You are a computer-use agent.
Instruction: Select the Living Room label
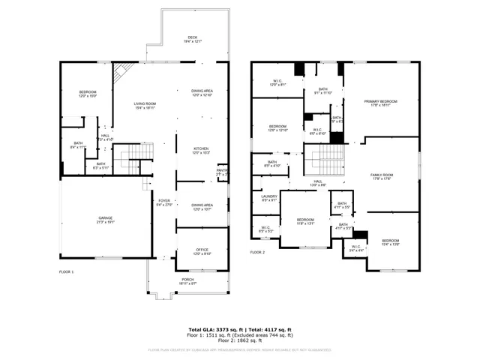(x=145, y=106)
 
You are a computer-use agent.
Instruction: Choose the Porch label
(x=187, y=281)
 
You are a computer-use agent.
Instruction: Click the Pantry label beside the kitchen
(x=223, y=172)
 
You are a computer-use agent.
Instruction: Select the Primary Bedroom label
(x=380, y=103)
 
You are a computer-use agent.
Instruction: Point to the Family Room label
(x=382, y=176)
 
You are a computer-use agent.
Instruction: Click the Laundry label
(x=269, y=198)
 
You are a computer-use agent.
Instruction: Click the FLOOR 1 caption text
(x=67, y=271)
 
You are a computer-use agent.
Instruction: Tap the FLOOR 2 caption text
(x=258, y=253)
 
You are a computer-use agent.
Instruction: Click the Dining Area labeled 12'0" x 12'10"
(x=202, y=93)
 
